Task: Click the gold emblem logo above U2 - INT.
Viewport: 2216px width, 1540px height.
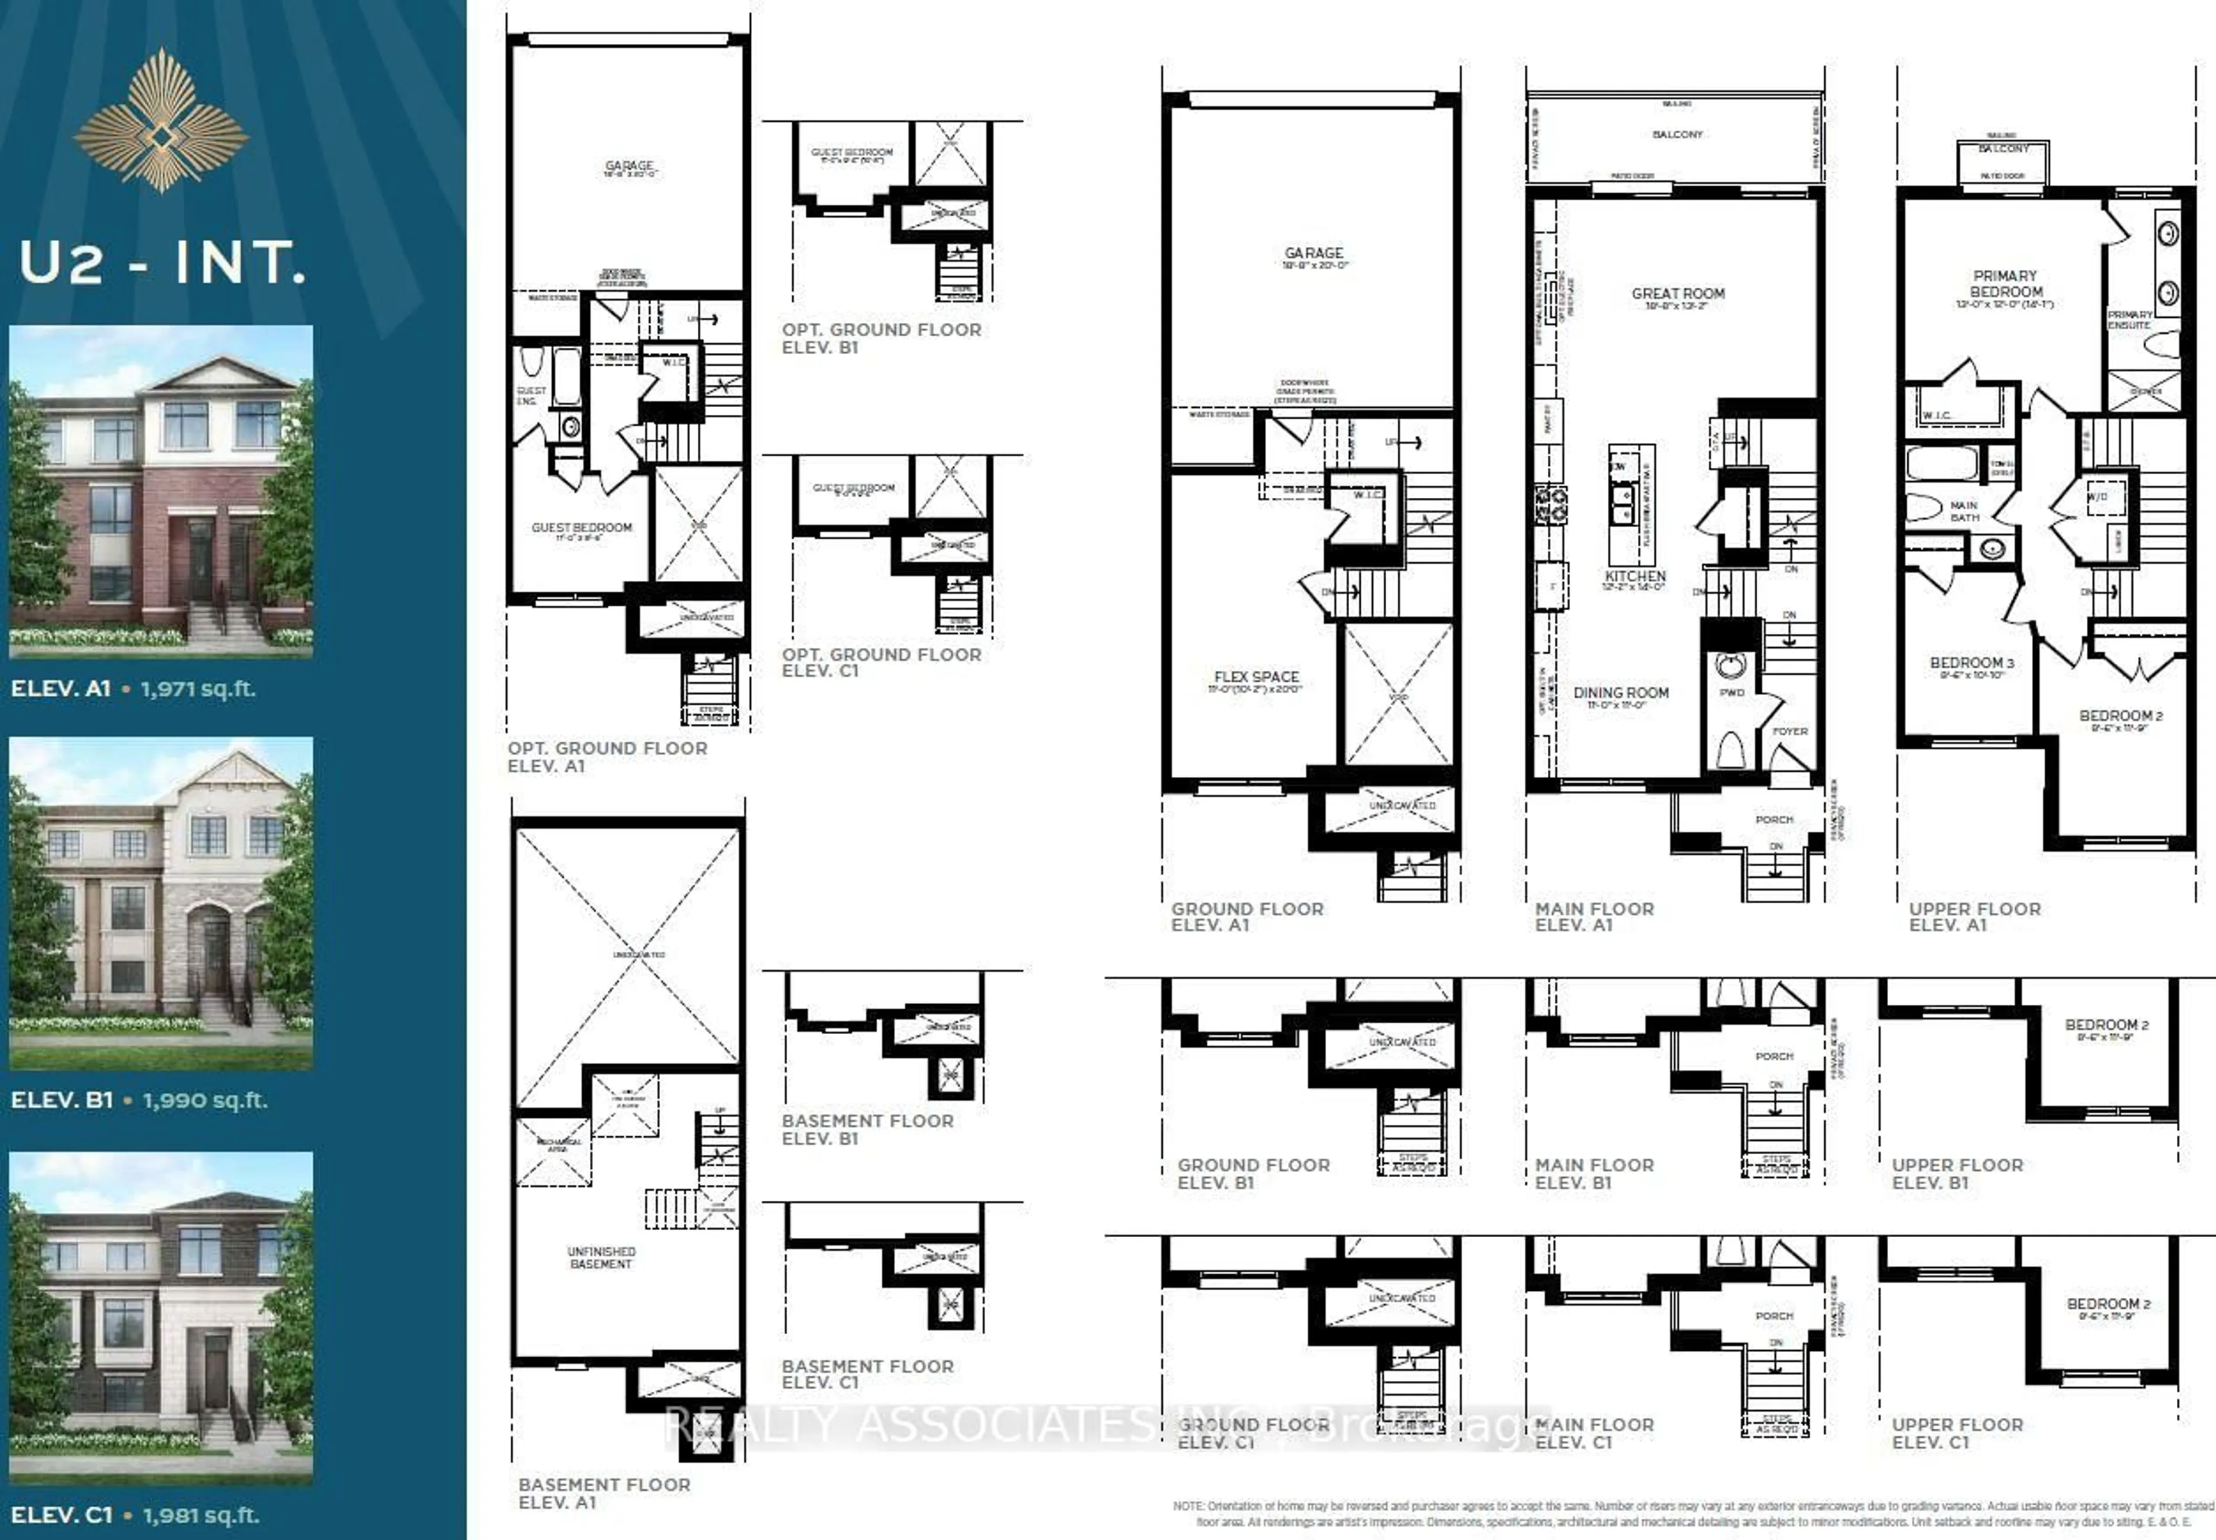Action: [161, 121]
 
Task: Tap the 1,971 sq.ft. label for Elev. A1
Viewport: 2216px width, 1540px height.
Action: [198, 689]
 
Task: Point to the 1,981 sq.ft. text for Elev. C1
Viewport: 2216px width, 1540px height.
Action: [201, 1515]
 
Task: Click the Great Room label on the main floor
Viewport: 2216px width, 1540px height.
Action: [1678, 294]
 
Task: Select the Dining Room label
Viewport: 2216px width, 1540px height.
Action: [1620, 693]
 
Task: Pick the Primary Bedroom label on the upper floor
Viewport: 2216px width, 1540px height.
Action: [2005, 284]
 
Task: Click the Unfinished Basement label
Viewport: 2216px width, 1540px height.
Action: [601, 1257]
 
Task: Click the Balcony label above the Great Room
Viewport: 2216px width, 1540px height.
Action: [1678, 134]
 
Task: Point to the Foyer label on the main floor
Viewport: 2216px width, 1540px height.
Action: [1790, 731]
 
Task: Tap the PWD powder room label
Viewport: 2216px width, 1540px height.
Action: [1731, 692]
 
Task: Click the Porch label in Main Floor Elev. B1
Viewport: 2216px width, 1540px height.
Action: [1774, 1057]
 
